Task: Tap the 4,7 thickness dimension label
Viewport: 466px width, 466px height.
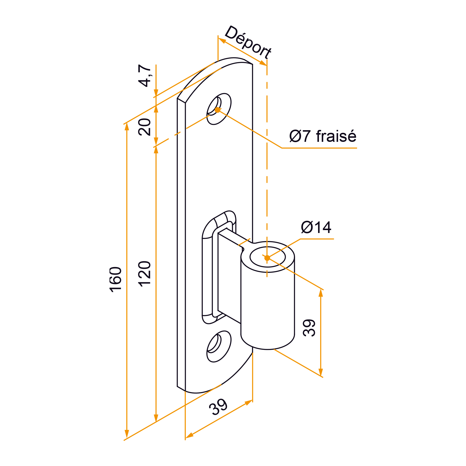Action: tap(145, 76)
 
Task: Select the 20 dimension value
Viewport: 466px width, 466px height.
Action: tap(145, 127)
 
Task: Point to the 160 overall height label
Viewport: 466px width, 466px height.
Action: tap(116, 279)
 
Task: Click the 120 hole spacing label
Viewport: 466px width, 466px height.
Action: tap(145, 274)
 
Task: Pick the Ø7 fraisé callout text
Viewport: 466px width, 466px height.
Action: tap(323, 136)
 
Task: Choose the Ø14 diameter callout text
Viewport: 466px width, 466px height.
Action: tap(316, 227)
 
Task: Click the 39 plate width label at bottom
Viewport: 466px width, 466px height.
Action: tap(218, 407)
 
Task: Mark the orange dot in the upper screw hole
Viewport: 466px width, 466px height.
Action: tap(218, 110)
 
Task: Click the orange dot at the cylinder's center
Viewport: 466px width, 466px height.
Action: tap(267, 258)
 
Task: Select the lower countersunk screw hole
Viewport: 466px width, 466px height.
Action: tap(219, 346)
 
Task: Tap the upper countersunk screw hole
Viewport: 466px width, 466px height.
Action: tap(219, 109)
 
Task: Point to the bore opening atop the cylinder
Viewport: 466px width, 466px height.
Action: tap(268, 256)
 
